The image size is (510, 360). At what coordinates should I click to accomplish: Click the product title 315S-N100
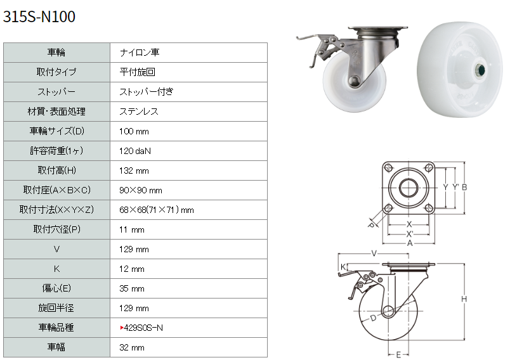coord(39,16)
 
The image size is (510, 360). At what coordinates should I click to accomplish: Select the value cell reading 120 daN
coord(135,151)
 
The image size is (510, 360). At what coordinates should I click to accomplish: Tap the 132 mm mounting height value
coord(134,170)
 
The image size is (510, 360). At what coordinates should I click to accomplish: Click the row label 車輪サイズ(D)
coord(56,131)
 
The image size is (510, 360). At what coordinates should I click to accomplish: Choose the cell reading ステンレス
coord(139,112)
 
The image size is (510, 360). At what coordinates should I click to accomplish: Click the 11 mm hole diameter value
coord(132,229)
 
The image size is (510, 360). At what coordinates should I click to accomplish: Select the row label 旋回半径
coord(56,307)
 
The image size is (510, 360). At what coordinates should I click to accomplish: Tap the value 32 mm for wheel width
coord(132,347)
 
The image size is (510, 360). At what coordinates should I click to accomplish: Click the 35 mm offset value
coord(132,288)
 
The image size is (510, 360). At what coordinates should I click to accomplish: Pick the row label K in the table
coord(56,269)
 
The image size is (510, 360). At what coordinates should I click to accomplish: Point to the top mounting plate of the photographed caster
coord(378,28)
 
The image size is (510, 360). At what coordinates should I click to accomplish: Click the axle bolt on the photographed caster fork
coord(353,80)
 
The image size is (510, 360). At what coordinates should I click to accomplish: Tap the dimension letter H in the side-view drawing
coord(464,299)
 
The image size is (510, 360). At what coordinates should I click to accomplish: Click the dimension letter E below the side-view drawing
coord(398,355)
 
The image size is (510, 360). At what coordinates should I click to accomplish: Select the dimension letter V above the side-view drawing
coord(374,254)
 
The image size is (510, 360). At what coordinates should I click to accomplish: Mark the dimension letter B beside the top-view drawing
coord(464,188)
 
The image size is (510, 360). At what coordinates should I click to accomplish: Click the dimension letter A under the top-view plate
coord(410,243)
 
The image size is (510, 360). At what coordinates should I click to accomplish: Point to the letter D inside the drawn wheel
coord(374,318)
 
